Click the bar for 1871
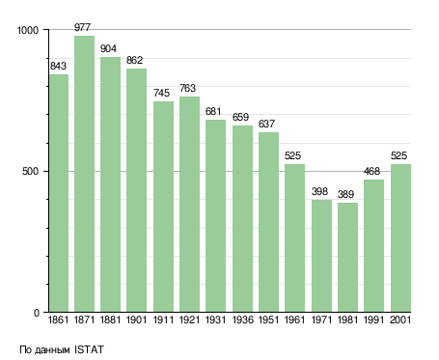coord(85,174)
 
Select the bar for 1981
coord(347,258)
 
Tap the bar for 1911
coord(163,207)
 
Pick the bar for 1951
coord(268,222)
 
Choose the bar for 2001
coord(400,238)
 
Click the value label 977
coord(83,27)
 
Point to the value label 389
coord(345,194)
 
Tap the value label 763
coord(187,88)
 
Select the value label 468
coord(371,171)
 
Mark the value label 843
coord(58,66)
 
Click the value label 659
coord(240,117)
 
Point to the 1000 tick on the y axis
coord(28,30)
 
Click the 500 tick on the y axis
coord(31,171)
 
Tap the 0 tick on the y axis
coord(37,313)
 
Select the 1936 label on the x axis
coord(242,319)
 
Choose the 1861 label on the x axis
coord(58,319)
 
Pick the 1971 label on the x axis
coord(321,319)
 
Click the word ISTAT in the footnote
coord(89,349)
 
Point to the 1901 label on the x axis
coord(136,319)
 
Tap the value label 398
coord(319,191)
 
